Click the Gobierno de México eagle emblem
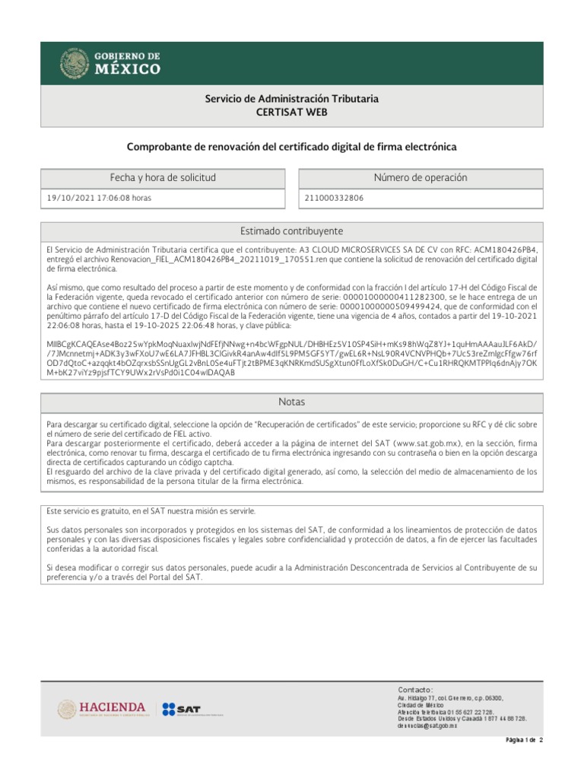pyautogui.click(x=75, y=64)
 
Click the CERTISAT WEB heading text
pyautogui.click(x=292, y=113)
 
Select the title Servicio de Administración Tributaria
pyautogui.click(x=292, y=99)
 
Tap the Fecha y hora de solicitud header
pyautogui.click(x=163, y=178)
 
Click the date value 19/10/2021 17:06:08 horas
pyautogui.click(x=99, y=198)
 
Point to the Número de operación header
pyautogui.click(x=421, y=178)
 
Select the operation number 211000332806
pyautogui.click(x=334, y=198)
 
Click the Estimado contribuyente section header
pyautogui.click(x=292, y=231)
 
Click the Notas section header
pyautogui.click(x=292, y=402)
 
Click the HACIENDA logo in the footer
pyautogui.click(x=102, y=709)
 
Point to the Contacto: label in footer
pyautogui.click(x=415, y=688)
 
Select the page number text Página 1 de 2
pyautogui.click(x=525, y=740)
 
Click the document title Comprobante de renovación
pyautogui.click(x=292, y=146)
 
